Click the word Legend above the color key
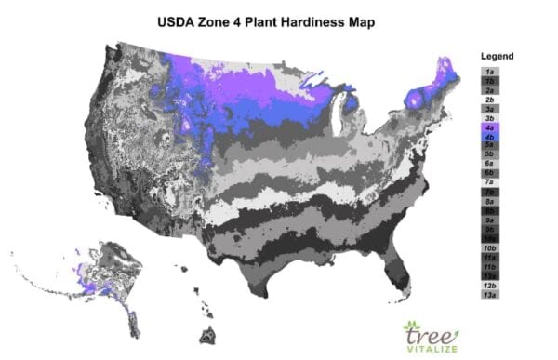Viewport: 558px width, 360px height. (x=497, y=57)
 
